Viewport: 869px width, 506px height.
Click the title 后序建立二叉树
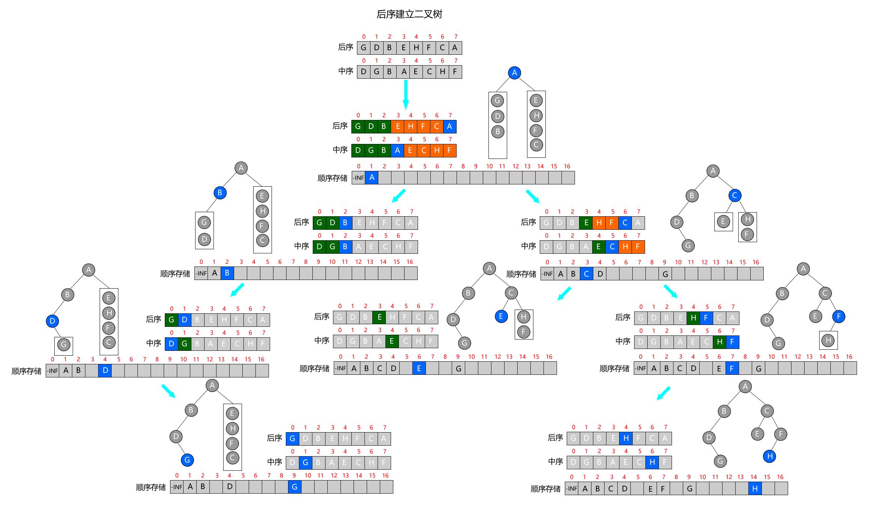coord(409,14)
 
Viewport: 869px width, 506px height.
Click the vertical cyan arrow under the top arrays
coord(406,94)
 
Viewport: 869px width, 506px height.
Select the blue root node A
coord(515,73)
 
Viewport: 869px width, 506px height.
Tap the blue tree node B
coord(220,193)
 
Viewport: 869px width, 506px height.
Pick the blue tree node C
coord(735,195)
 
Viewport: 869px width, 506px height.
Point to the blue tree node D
coord(52,321)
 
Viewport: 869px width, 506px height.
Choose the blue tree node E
coord(501,316)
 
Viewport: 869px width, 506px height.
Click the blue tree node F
coord(839,316)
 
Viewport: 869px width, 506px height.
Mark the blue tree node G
coord(187,460)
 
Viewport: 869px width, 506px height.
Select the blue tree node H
coord(770,456)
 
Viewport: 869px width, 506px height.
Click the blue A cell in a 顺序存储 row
coord(372,178)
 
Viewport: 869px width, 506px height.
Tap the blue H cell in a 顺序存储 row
coord(755,488)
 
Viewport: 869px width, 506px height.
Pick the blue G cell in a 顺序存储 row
coord(294,487)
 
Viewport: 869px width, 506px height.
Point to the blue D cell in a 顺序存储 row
coord(105,371)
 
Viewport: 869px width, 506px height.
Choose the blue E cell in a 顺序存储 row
coord(419,368)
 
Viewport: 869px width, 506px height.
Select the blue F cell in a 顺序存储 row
coord(732,368)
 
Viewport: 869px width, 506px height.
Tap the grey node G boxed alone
coord(64,344)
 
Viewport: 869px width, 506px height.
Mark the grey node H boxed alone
coord(828,340)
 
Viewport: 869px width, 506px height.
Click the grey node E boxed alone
coord(723,222)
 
